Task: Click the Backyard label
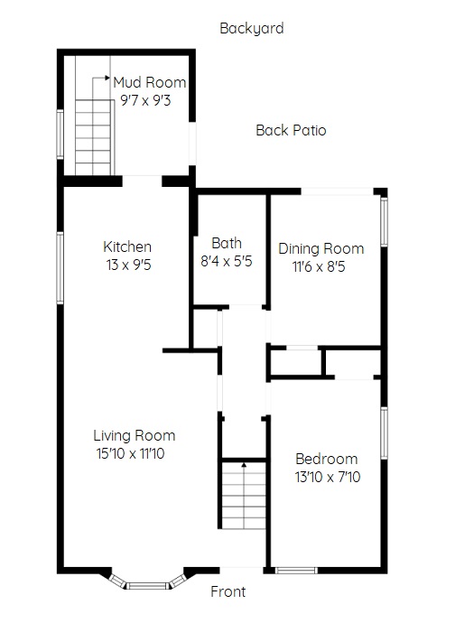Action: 252,29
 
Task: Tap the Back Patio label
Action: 291,130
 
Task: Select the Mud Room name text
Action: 149,82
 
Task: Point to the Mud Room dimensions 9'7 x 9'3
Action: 145,100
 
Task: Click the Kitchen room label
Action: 127,246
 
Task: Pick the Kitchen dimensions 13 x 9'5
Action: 128,265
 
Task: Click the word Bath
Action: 227,243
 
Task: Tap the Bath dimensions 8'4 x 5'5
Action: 227,261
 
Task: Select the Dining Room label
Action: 321,248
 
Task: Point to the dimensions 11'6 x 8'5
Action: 319,266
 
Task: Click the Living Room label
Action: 135,435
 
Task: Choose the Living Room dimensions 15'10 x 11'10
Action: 130,453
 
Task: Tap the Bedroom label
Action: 327,459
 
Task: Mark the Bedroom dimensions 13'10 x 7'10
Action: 328,477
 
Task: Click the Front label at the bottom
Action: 228,591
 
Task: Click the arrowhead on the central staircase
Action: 244,464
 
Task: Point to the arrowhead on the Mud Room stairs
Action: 107,78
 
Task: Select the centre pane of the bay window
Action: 148,586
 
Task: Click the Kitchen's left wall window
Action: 60,268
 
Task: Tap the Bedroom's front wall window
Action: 296,571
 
